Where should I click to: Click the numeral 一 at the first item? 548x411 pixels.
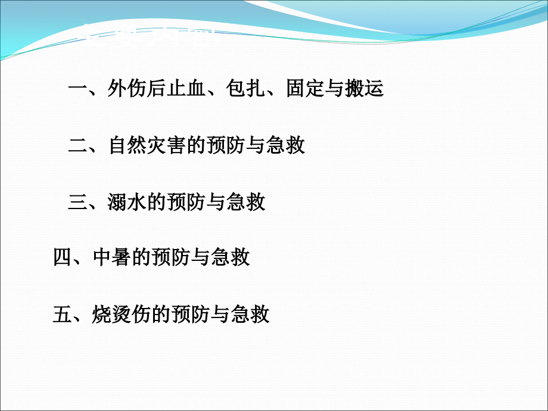point(78,89)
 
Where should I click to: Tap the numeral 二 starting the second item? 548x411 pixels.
point(78,146)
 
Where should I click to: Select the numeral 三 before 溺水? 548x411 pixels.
point(78,203)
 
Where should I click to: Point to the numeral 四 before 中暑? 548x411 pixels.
point(63,259)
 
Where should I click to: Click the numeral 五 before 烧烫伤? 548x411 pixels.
point(63,315)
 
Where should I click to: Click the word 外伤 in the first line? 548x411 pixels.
point(127,89)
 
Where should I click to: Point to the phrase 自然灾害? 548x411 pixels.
point(147,146)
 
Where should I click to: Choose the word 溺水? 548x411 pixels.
point(127,203)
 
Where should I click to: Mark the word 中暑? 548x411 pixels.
point(112,259)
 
